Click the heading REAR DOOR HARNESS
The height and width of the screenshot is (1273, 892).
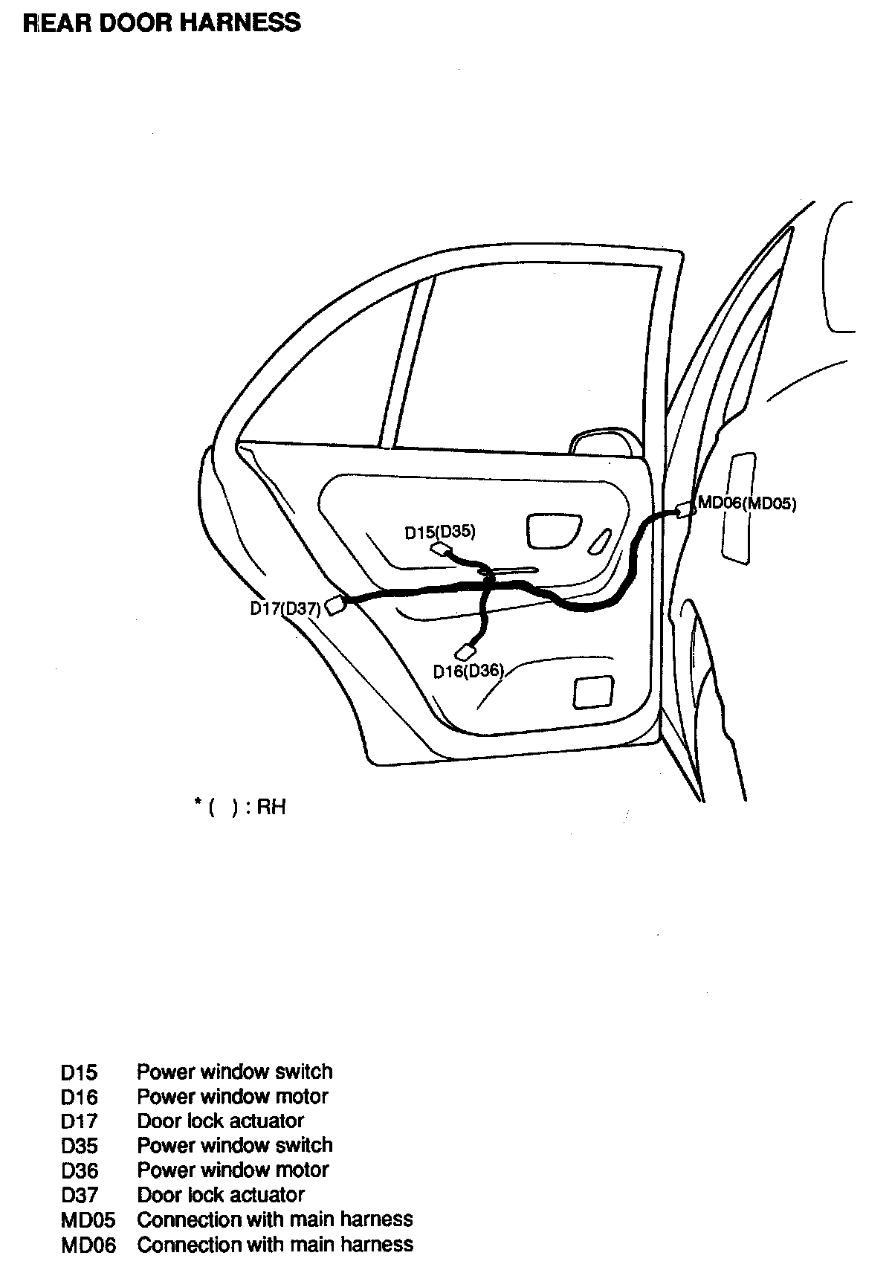pos(162,23)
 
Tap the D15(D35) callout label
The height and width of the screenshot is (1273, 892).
pos(440,532)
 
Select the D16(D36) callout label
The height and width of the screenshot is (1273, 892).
pos(468,671)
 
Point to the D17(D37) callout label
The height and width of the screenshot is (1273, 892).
pos(285,609)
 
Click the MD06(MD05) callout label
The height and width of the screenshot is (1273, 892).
pos(746,503)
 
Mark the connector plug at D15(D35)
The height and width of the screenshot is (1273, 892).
pos(442,550)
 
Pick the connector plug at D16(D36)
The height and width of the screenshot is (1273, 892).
pos(466,652)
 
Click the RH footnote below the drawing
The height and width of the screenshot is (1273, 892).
pos(240,807)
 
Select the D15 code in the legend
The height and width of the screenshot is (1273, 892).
pos(79,1073)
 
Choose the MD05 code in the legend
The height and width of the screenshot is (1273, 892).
pos(88,1220)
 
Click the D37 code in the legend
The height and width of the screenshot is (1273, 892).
pos(80,1196)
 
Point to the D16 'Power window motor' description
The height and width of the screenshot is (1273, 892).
pos(233,1097)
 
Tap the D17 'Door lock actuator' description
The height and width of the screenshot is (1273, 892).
pos(221,1121)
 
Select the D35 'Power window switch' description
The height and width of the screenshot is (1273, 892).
pos(235,1146)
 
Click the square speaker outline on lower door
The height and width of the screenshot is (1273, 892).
pos(592,692)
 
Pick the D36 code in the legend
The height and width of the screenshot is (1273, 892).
pos(80,1171)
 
